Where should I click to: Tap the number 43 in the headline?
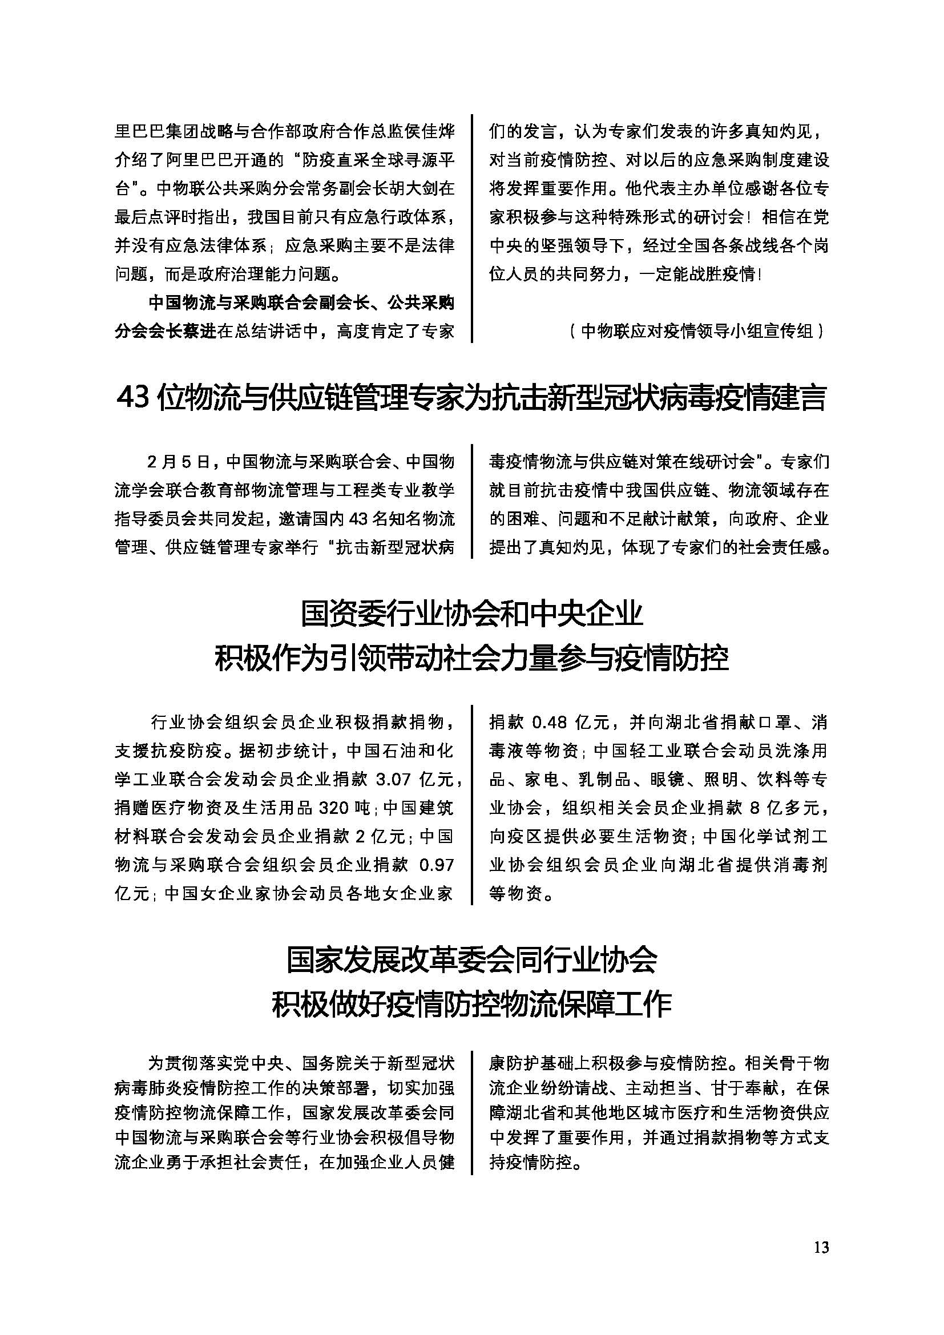point(135,398)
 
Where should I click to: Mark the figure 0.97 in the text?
point(437,865)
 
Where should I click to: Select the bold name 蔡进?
point(199,332)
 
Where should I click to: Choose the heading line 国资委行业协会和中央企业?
point(471,615)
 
